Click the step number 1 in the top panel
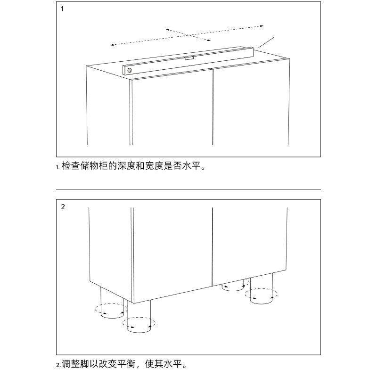click(x=63, y=8)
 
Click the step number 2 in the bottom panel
click(x=63, y=206)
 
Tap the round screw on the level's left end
click(x=129, y=70)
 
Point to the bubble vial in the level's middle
click(x=188, y=58)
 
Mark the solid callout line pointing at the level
click(x=265, y=42)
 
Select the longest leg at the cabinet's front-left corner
click(x=139, y=318)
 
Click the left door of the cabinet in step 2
click(x=172, y=250)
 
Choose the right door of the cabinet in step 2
click(x=250, y=243)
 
